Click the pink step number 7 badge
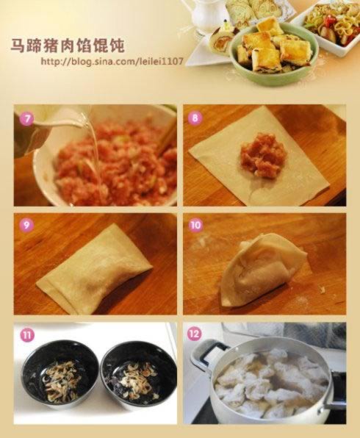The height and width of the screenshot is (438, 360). click(26, 119)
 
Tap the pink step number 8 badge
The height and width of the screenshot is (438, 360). click(195, 118)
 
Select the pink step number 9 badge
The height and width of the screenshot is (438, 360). click(26, 225)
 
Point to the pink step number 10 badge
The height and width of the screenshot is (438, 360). click(195, 225)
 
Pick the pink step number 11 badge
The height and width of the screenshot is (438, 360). click(26, 334)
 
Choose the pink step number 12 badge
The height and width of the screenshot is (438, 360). click(195, 334)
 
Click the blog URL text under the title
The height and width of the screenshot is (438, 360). click(112, 61)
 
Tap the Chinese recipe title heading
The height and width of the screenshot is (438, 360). click(68, 46)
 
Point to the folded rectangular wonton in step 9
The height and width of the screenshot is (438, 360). click(95, 268)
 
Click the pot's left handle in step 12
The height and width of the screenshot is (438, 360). click(207, 352)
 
